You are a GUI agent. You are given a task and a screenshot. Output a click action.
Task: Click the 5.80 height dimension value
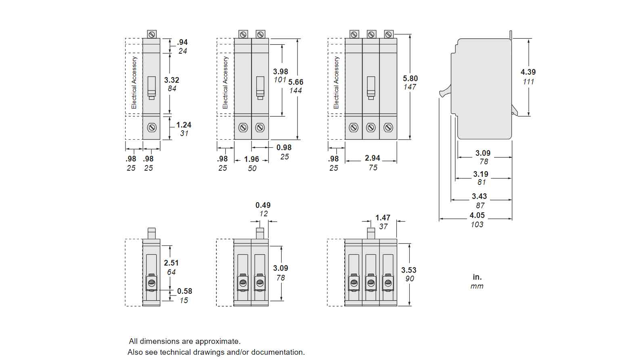click(x=410, y=78)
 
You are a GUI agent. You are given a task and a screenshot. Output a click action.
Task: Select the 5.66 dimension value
click(x=295, y=82)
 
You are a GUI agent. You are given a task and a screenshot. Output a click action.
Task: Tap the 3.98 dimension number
click(x=281, y=71)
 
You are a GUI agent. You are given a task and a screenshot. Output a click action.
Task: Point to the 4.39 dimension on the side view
click(x=528, y=72)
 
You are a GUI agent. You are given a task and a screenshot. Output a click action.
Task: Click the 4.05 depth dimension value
click(x=477, y=215)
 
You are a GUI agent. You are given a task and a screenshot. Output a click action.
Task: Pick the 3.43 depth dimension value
click(x=480, y=197)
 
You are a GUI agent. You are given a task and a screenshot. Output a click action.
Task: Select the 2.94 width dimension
click(x=372, y=158)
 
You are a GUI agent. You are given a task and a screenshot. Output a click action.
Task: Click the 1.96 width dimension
click(x=251, y=159)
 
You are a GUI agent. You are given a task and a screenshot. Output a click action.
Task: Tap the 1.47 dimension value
click(x=383, y=218)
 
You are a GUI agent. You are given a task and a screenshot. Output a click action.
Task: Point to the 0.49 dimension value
click(x=263, y=205)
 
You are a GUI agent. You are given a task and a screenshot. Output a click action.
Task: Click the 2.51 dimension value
click(x=171, y=263)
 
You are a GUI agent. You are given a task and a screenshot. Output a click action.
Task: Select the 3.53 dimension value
click(x=409, y=270)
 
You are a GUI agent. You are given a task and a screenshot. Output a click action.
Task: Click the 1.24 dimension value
click(x=184, y=125)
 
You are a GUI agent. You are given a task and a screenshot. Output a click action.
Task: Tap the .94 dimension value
click(x=182, y=42)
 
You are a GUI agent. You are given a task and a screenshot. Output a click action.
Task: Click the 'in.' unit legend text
click(x=477, y=277)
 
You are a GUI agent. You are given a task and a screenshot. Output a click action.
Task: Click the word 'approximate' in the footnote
click(x=217, y=341)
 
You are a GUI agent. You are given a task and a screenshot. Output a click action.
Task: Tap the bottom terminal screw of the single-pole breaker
click(x=151, y=128)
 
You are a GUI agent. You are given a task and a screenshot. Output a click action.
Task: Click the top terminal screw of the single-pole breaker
click(x=151, y=34)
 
